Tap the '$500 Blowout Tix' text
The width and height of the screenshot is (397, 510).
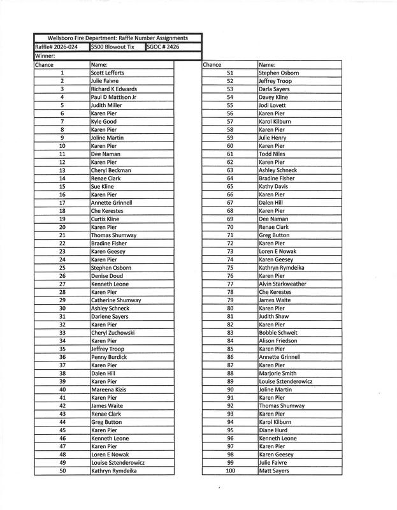[113, 47]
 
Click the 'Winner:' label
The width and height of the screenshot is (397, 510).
[45, 55]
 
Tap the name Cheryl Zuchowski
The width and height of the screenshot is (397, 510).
[117, 333]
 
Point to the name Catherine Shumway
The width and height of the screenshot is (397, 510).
[116, 300]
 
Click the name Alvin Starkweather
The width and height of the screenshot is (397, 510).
[282, 284]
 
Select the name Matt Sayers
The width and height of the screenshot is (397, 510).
[273, 471]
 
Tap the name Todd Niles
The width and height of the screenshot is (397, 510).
[272, 154]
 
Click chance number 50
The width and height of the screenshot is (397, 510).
[62, 471]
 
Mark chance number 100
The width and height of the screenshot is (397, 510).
[230, 471]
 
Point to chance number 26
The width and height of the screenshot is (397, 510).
[62, 276]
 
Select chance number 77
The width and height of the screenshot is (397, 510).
[230, 284]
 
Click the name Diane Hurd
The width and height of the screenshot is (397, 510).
[273, 430]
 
